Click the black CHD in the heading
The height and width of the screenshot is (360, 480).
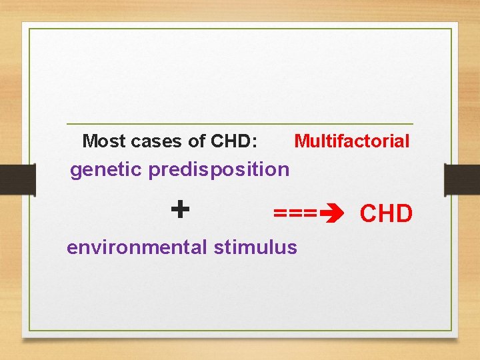pyautogui.click(x=230, y=141)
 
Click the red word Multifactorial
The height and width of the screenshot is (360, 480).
pyautogui.click(x=352, y=141)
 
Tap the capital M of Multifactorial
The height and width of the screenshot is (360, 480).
pyautogui.click(x=301, y=141)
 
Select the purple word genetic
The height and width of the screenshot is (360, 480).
pyautogui.click(x=106, y=170)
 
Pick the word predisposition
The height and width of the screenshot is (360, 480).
pyautogui.click(x=219, y=170)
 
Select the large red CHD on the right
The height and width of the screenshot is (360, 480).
pyautogui.click(x=386, y=214)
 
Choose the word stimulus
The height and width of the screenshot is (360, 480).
pyautogui.click(x=255, y=247)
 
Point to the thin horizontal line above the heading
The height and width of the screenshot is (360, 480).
pyautogui.click(x=240, y=124)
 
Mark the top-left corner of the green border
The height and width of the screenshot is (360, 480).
pyautogui.click(x=29, y=29)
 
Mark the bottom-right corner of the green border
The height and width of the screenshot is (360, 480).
pyautogui.click(x=451, y=331)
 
